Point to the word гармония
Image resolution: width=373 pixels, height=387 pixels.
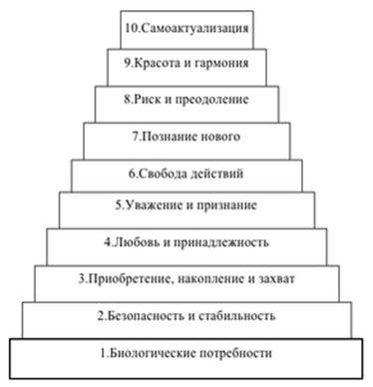[x=221, y=64]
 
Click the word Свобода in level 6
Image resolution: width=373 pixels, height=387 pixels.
[x=162, y=174]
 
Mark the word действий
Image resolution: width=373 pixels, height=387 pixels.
[x=216, y=175]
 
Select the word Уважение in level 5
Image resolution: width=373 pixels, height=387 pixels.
[x=154, y=205]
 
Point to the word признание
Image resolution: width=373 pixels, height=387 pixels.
[x=226, y=206]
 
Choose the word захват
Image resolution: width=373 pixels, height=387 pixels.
[x=276, y=279]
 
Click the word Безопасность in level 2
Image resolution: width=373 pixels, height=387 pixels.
[x=147, y=315]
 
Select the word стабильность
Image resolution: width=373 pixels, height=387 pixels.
[x=237, y=316]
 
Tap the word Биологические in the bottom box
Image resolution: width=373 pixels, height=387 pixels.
[x=153, y=353]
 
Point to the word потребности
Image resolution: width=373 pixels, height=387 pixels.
[x=235, y=353]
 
